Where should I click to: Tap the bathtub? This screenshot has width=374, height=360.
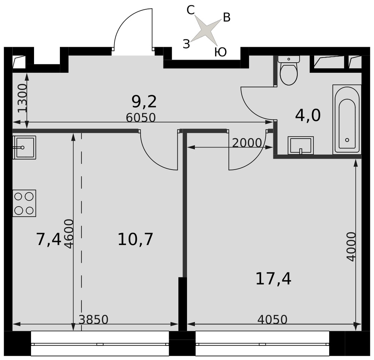point(347,120)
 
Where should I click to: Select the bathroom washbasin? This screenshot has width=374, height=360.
point(301,145)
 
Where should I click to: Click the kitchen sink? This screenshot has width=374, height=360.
point(24,147)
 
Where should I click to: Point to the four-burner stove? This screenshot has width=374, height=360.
point(24,203)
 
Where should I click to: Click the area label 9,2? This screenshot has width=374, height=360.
point(144,101)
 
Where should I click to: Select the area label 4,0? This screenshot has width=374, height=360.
point(308,116)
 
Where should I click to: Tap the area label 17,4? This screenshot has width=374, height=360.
point(273,279)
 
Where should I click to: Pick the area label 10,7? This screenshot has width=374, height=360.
point(135,239)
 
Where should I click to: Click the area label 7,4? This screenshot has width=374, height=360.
point(49,239)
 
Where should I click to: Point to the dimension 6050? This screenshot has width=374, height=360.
point(141,117)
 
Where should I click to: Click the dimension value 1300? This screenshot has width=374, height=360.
point(23,98)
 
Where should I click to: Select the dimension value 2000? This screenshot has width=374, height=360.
point(247,143)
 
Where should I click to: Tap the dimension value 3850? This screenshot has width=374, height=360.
point(93,320)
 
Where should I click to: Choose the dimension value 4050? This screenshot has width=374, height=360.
point(272,320)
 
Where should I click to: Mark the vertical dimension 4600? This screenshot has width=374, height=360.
point(70,234)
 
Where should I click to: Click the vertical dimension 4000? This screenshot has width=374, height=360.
point(351,247)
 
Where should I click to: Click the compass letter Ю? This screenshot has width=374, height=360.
point(220,52)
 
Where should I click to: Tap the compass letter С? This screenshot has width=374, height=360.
point(191,10)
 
